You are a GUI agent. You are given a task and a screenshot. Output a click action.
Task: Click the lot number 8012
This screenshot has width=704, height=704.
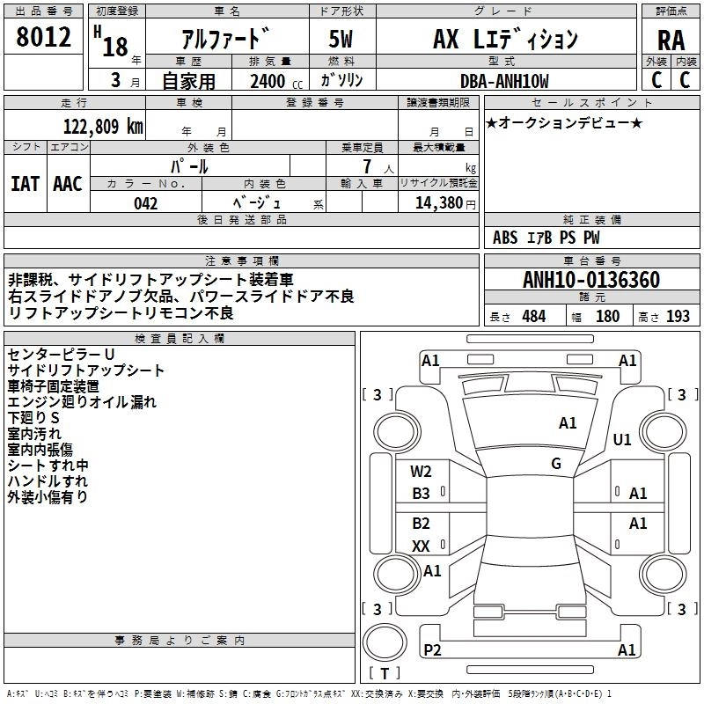[x=43, y=37]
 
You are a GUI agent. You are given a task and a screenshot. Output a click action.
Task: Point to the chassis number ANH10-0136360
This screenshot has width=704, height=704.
[x=590, y=281]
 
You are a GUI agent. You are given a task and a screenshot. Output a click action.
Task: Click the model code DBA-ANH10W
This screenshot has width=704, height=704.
[x=504, y=81]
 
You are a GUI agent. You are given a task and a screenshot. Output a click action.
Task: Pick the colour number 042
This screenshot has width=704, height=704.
[x=145, y=203]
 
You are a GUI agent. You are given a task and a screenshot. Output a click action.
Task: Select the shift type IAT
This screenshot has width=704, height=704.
[x=25, y=183]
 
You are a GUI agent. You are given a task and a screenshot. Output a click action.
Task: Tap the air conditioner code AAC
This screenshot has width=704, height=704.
[x=67, y=183]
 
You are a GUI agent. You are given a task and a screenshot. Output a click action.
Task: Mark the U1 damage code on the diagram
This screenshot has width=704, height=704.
[x=622, y=439]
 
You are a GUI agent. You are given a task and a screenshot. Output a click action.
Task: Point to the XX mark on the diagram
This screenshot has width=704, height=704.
[x=421, y=546]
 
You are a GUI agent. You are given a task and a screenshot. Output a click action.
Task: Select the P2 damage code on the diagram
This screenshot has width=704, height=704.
[x=432, y=649]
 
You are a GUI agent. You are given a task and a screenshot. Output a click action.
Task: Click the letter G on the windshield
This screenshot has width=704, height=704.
[x=556, y=463]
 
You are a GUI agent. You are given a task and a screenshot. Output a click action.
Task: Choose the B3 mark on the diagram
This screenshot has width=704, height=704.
[x=422, y=494]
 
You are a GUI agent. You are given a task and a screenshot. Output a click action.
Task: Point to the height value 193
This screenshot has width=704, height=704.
[x=678, y=316]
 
